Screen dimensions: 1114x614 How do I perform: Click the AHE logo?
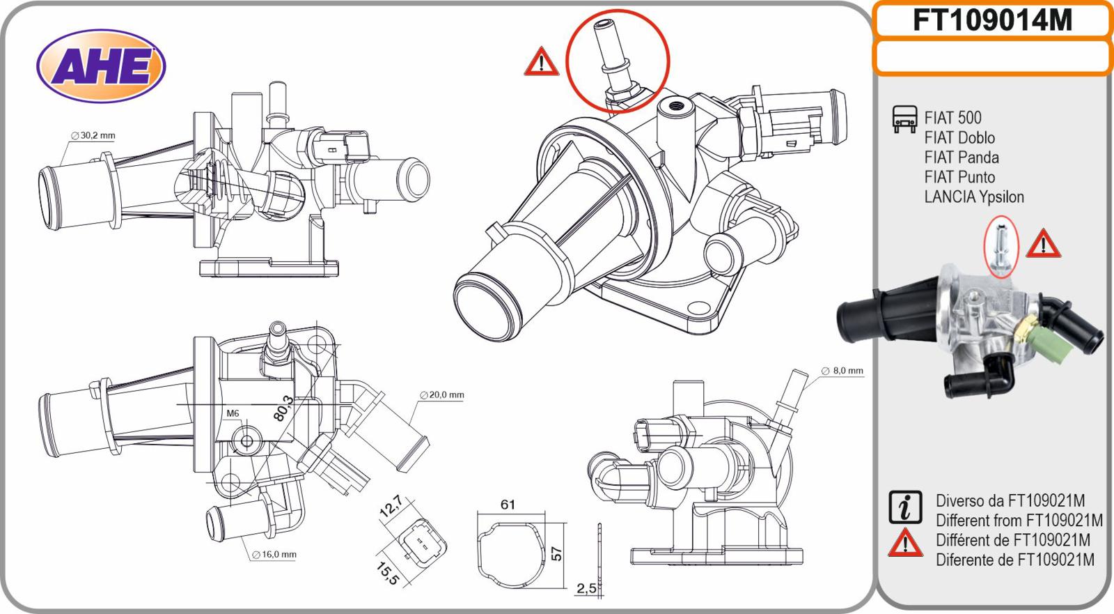[100, 67]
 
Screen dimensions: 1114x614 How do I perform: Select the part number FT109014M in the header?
[992, 21]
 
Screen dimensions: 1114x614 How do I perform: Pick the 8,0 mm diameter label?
[842, 371]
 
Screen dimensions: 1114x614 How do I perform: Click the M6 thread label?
[233, 413]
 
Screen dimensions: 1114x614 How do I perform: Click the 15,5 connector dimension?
[387, 571]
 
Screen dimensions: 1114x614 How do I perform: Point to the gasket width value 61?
[508, 504]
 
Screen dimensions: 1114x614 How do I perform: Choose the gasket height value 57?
[557, 553]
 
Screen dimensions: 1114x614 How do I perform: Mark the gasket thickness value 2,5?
[586, 588]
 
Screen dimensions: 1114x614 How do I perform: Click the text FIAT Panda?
[962, 158]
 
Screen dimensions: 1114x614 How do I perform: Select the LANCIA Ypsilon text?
[974, 197]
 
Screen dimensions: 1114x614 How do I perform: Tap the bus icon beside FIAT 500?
[904, 120]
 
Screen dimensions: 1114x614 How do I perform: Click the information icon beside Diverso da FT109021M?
[905, 507]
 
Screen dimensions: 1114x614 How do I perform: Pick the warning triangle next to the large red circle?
[541, 61]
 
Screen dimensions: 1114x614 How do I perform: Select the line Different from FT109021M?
[1019, 521]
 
